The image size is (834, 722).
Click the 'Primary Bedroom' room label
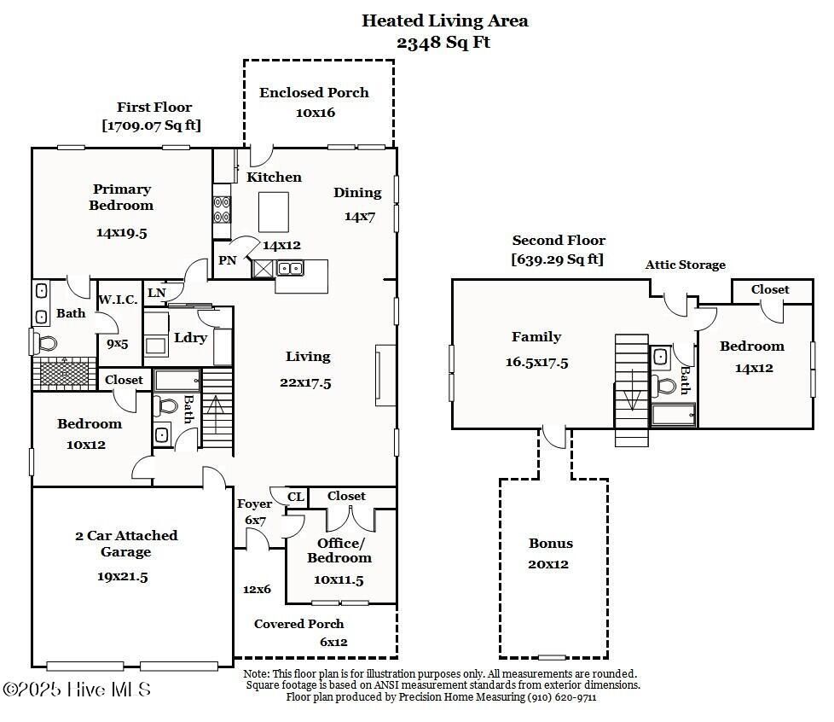click(122, 197)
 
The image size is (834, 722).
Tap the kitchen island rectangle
click(274, 212)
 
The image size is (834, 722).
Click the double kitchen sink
click(290, 269)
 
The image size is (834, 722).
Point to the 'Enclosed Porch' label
click(314, 92)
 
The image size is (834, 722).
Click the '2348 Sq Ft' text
click(444, 43)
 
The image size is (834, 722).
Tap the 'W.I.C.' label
click(118, 300)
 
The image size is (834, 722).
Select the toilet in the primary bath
click(46, 343)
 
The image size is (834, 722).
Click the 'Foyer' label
click(255, 504)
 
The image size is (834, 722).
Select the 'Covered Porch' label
click(299, 624)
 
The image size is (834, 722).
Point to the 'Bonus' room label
click(551, 544)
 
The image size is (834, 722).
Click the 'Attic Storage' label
click(685, 265)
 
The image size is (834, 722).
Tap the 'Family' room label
click(536, 337)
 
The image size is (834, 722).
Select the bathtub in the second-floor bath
click(673, 415)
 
